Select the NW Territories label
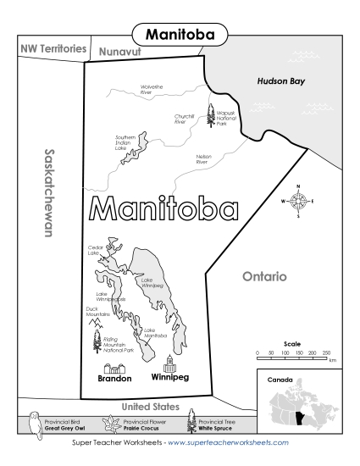[53, 49]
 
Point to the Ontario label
[264, 276]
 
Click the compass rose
[299, 201]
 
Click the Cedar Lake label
[96, 251]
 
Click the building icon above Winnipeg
[170, 363]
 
